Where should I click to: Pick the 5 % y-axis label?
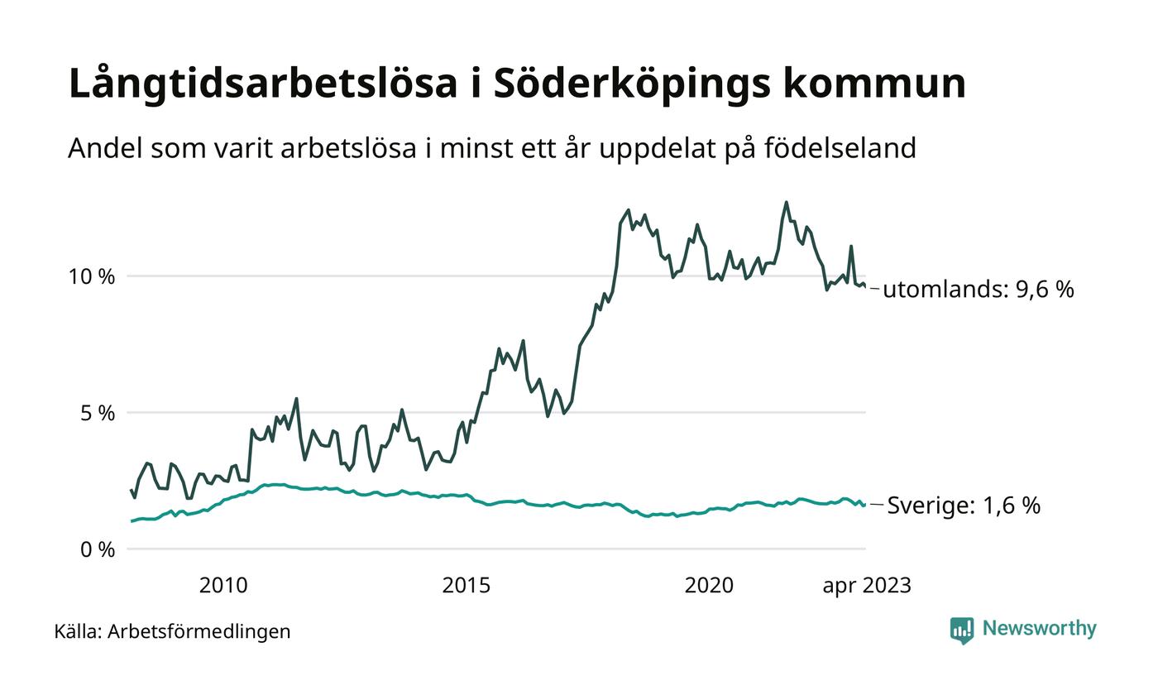coord(98,413)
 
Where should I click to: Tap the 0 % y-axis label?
coord(98,549)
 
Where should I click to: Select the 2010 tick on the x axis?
coord(223,586)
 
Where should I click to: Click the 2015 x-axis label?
coord(467,586)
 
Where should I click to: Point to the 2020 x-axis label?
coord(709,586)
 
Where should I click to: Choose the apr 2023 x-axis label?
coord(867,586)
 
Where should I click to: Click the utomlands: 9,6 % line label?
coord(979,290)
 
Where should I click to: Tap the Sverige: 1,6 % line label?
coord(964,506)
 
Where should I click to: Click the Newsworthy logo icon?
coord(962,630)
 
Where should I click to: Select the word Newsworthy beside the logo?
coord(1040,629)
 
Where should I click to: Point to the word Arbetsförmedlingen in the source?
coord(199,632)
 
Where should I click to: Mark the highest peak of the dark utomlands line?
coord(786,202)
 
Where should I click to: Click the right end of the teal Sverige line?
coord(865,505)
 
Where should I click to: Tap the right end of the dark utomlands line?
coord(865,286)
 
